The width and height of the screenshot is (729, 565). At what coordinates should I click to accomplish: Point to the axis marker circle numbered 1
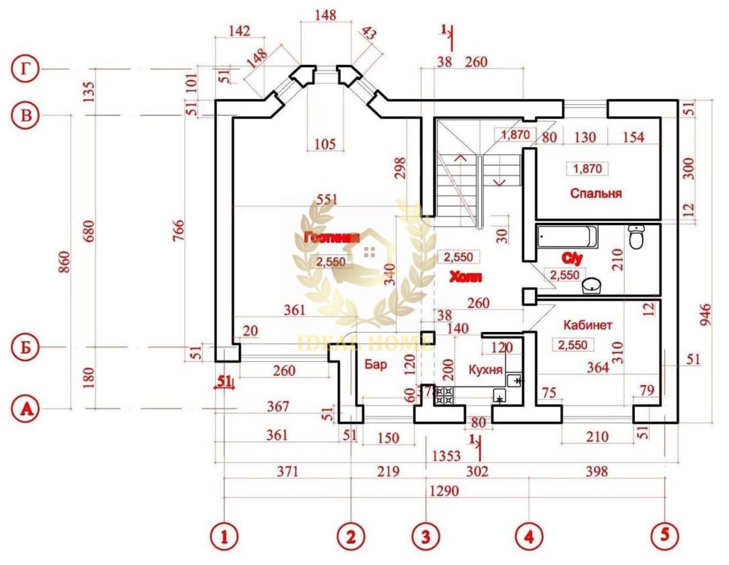225,537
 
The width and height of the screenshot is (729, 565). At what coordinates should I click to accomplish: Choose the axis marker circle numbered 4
529,537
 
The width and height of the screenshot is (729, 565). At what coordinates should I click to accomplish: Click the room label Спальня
596,194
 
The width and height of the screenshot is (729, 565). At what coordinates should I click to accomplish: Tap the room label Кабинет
588,325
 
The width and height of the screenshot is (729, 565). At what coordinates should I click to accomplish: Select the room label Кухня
485,370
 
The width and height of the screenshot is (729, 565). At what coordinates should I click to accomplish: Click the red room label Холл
464,277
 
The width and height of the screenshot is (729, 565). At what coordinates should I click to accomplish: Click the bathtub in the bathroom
566,237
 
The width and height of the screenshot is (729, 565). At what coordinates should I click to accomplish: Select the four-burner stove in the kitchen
444,396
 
